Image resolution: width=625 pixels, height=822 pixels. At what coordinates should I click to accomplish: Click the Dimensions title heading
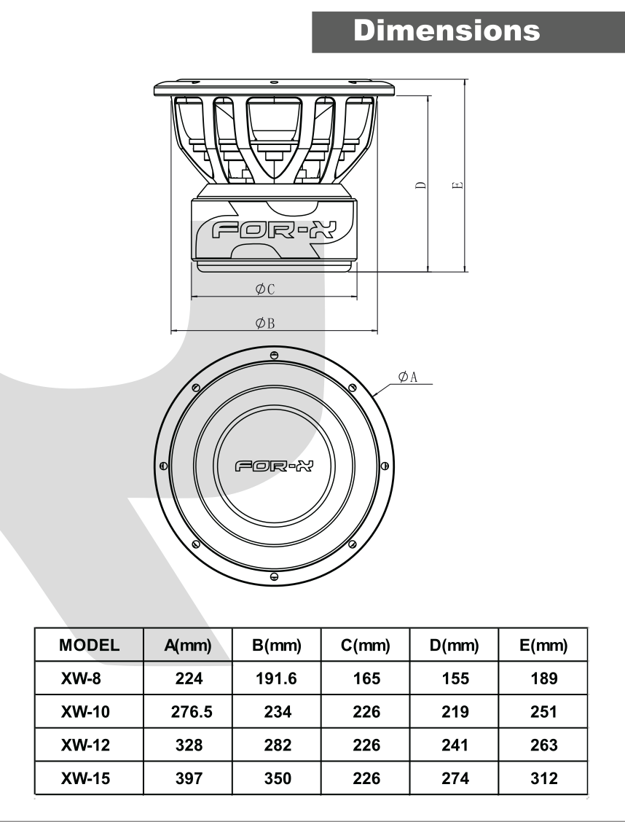[x=447, y=31]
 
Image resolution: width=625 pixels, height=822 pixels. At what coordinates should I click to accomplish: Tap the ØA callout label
[x=408, y=377]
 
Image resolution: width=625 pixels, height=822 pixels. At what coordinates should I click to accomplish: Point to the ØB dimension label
[x=265, y=324]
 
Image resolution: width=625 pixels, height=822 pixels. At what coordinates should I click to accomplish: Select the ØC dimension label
[x=265, y=289]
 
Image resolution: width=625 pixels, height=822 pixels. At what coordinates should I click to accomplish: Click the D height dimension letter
[x=421, y=185]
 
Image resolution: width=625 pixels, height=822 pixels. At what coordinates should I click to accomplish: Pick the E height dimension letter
[x=458, y=185]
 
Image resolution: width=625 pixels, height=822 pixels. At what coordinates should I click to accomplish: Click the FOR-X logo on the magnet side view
[x=273, y=230]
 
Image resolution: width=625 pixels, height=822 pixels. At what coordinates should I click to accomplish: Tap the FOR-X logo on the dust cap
[x=273, y=466]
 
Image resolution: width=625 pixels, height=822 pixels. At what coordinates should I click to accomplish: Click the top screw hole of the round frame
[x=273, y=356]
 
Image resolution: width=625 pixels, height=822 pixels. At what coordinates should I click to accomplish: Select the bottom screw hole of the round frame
[x=273, y=576]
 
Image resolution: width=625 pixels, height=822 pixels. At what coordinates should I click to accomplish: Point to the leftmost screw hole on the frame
[x=163, y=466]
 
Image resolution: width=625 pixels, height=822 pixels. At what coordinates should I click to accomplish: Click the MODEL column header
[x=89, y=645]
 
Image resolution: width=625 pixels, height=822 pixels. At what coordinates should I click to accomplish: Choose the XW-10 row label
[x=85, y=712]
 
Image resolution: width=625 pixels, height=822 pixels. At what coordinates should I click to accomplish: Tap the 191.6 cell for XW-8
[x=276, y=678]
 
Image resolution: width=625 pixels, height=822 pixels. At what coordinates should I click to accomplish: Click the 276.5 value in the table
[x=192, y=712]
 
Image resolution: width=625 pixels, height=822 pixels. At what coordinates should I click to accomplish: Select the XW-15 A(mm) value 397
[x=189, y=778]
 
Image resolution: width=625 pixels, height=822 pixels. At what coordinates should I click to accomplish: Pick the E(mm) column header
[x=543, y=645]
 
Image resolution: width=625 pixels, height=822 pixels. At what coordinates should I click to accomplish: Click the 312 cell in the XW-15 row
[x=544, y=778]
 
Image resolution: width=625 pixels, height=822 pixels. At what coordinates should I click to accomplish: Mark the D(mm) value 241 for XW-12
[x=455, y=745]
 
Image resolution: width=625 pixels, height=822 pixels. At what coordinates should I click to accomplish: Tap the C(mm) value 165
[x=366, y=678]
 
